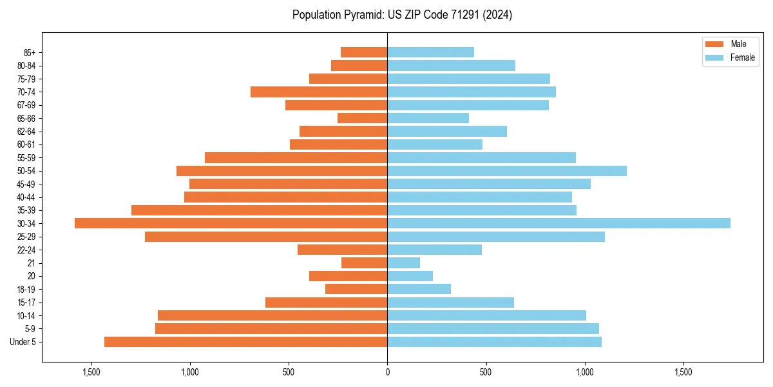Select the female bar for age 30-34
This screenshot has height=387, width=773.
pos(558,223)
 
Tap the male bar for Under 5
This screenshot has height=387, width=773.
pos(245,342)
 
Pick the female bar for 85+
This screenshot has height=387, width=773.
pos(430,52)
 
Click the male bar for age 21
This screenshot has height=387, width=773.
pos(364,263)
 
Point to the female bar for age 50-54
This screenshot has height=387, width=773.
pos(506,171)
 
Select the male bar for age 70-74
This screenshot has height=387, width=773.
pos(319,92)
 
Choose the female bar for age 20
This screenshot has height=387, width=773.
pos(410,276)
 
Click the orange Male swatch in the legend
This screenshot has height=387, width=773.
pos(714,44)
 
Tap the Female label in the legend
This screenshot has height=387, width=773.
pos(742,57)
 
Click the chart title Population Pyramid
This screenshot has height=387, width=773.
pos(402,15)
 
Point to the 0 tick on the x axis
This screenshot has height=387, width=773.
pos(387,372)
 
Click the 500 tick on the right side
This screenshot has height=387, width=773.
pos(486,372)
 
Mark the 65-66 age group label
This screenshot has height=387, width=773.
pos(26,118)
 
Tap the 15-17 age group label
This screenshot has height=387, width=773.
pos(26,303)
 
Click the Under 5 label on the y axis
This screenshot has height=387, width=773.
pos(23,342)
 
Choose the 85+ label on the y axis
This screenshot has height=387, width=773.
pos(29,52)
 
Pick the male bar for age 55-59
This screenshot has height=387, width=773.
pos(296,157)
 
